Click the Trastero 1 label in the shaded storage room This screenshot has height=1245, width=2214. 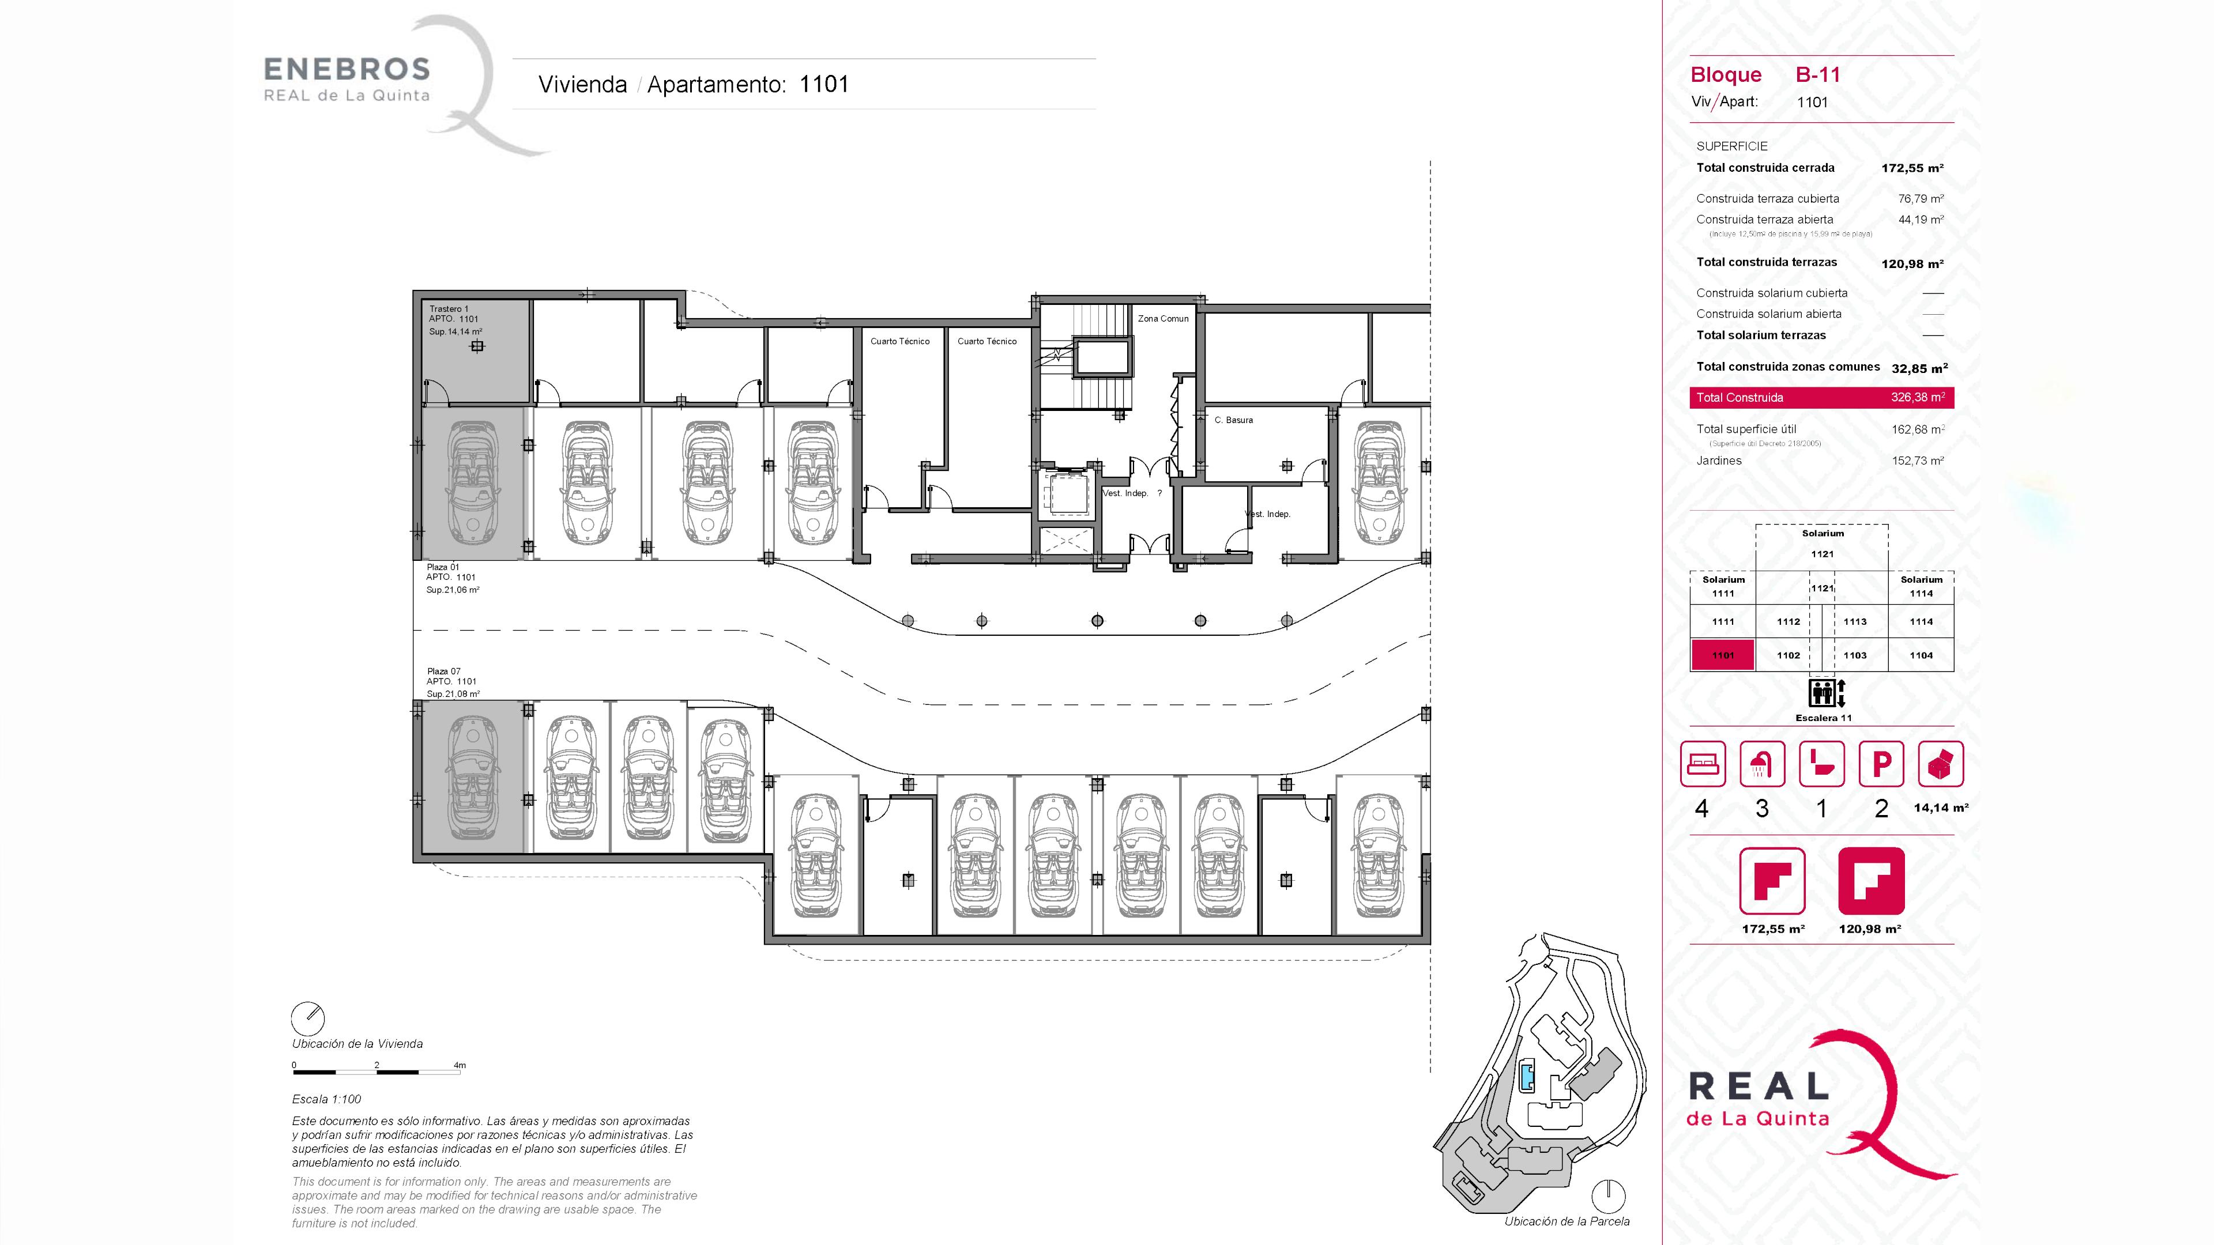(x=449, y=308)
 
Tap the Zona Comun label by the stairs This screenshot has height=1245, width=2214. (x=1163, y=319)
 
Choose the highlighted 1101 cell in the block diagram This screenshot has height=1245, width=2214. (x=1722, y=655)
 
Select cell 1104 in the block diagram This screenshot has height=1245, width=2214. (x=1921, y=655)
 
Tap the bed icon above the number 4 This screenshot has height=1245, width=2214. (x=1703, y=764)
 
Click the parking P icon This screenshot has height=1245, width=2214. (x=1881, y=764)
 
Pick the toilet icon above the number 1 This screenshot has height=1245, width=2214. (x=1821, y=764)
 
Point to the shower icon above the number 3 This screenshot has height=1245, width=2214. (x=1762, y=764)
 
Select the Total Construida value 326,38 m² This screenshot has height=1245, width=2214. (x=1918, y=398)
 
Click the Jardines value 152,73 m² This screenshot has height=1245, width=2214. (x=1918, y=461)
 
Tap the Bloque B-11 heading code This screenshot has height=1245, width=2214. (x=1818, y=75)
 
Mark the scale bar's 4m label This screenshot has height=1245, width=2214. (x=460, y=1065)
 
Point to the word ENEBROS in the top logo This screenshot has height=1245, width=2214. (x=347, y=69)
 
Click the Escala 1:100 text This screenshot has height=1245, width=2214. (x=326, y=1099)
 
